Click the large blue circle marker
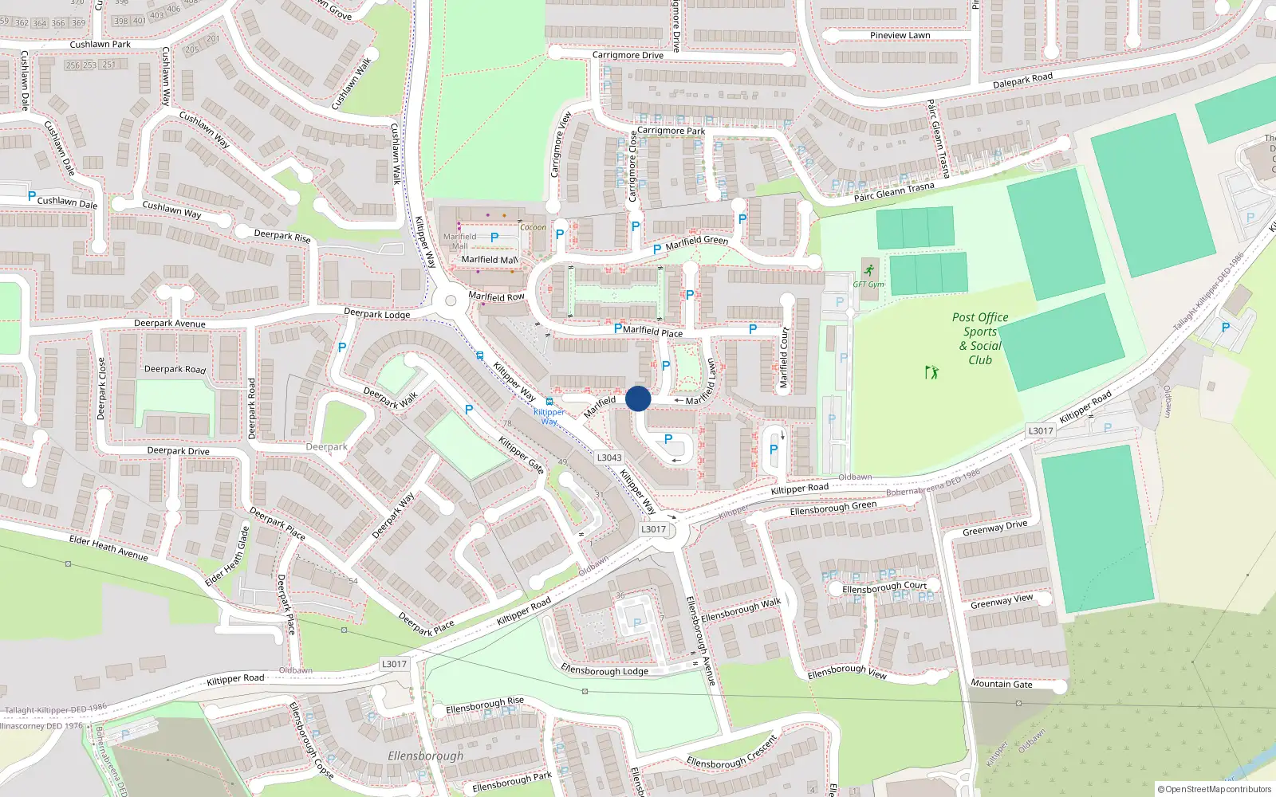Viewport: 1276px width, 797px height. point(638,398)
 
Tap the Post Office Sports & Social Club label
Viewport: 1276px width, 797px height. point(980,339)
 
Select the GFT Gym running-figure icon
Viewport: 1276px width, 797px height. point(868,270)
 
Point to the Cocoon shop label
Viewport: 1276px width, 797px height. point(534,227)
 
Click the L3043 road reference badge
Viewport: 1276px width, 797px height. point(609,457)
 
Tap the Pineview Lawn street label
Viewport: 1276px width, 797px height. point(900,35)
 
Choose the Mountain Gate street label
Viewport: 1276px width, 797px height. point(1002,684)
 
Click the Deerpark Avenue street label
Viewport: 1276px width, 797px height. point(169,324)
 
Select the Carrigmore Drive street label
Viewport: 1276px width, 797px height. point(628,55)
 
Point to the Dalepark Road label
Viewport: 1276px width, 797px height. point(1022,80)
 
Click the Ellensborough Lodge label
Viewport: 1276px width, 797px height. point(605,670)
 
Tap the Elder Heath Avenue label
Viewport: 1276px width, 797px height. point(108,548)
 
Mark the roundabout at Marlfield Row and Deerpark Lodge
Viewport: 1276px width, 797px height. point(451,300)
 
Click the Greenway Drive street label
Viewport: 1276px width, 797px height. point(995,528)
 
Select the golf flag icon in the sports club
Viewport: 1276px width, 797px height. point(931,372)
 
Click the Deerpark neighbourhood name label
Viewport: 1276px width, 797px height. point(327,447)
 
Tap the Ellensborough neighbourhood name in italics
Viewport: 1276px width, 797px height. point(425,756)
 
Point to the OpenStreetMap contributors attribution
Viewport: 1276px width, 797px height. point(1214,789)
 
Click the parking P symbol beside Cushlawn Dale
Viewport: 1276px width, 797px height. point(32,196)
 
